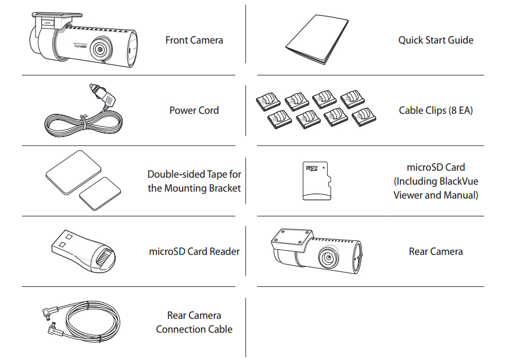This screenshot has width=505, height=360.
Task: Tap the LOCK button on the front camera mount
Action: [48, 23]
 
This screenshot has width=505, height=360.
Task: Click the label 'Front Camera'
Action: [194, 40]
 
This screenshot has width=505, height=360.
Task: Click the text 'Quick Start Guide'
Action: [435, 40]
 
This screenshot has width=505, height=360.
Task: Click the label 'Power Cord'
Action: [194, 110]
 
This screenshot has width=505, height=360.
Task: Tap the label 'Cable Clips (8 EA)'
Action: [436, 110]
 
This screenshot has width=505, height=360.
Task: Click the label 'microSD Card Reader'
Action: [194, 251]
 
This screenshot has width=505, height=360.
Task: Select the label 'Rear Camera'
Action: [436, 251]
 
